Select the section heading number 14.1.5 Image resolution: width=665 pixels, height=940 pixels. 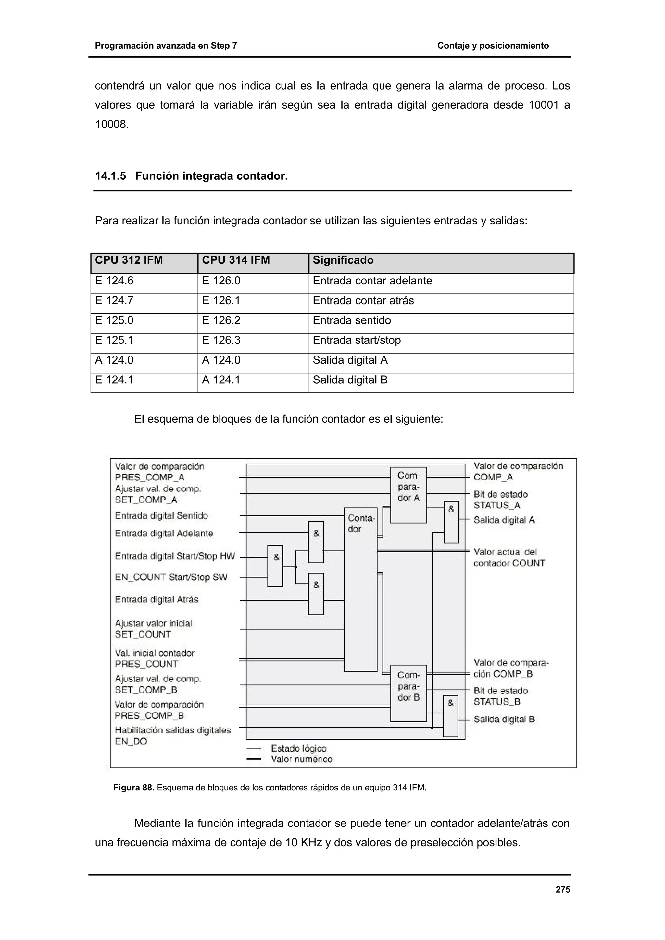point(110,176)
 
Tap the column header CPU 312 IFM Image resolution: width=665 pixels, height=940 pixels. point(129,260)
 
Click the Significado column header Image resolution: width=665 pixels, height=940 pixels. point(343,260)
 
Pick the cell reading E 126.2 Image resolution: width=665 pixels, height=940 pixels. point(221,320)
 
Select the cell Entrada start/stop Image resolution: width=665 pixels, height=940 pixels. point(357,340)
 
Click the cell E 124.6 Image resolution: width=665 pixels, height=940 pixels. point(114,281)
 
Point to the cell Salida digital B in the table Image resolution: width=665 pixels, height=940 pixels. point(350,380)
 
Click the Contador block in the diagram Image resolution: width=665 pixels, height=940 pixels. point(360,590)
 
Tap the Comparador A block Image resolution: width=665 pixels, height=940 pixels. point(408,495)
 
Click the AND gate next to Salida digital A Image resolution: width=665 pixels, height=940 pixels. point(451,522)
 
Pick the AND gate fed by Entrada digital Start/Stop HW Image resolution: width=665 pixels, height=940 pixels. point(275,566)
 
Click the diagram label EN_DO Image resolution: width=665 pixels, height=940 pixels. point(131,741)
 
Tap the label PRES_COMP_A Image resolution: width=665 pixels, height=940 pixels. point(150,477)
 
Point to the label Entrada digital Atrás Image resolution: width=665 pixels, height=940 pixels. point(157,599)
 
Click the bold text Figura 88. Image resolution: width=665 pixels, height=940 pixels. point(133,788)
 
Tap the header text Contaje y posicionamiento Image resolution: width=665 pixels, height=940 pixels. point(493,46)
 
